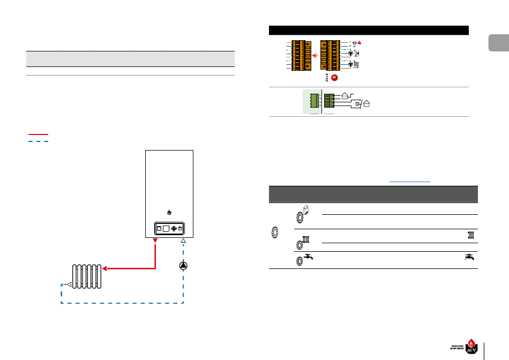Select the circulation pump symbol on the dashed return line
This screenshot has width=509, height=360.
[184, 266]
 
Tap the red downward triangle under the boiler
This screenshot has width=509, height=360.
[155, 242]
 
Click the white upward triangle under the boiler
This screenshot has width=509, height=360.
[183, 242]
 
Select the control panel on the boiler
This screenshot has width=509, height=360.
[169, 229]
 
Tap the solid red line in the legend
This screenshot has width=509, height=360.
[39, 134]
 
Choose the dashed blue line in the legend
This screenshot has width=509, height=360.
[39, 141]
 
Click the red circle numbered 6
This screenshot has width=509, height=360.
[334, 78]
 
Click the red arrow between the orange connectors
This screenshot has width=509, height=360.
[316, 55]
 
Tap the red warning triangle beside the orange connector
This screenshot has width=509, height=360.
[360, 42]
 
